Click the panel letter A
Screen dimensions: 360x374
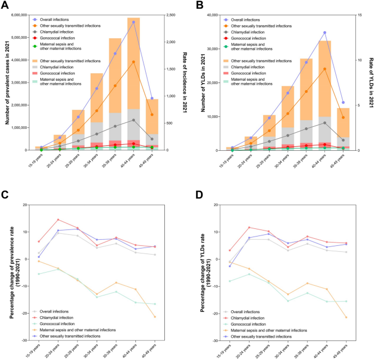point(6,6)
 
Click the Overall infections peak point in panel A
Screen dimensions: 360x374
point(134,22)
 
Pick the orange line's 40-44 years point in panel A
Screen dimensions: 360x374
point(134,62)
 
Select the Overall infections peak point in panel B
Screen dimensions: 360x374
point(324,33)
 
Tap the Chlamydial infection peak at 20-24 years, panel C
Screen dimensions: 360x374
point(58,220)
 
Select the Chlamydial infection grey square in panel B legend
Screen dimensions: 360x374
point(226,67)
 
